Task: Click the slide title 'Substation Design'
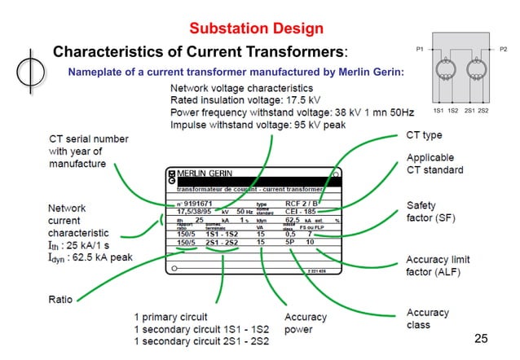(256, 29)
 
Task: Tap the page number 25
(481, 337)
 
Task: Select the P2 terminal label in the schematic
(503, 50)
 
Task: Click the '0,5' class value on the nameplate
(289, 235)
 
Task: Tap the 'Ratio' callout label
(62, 299)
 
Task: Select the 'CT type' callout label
(424, 134)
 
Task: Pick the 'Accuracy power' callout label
(306, 323)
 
